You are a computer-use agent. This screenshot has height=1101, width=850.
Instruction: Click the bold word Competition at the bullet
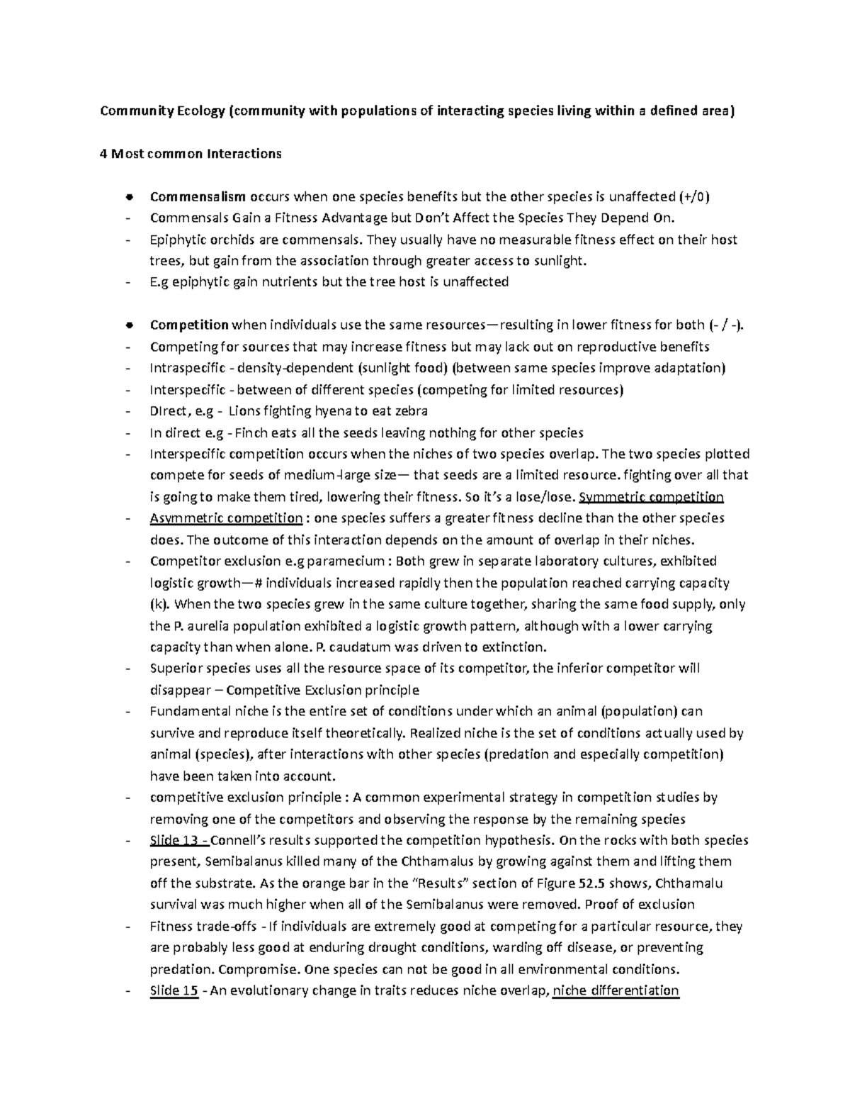click(188, 325)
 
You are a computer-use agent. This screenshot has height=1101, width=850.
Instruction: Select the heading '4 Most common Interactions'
click(191, 154)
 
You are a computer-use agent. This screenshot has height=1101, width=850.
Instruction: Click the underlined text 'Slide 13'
click(177, 841)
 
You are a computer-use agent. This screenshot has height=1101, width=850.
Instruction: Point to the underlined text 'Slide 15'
click(174, 991)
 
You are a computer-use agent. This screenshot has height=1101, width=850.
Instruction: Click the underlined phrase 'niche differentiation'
click(616, 991)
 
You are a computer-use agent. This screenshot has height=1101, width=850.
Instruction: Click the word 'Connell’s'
click(237, 841)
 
